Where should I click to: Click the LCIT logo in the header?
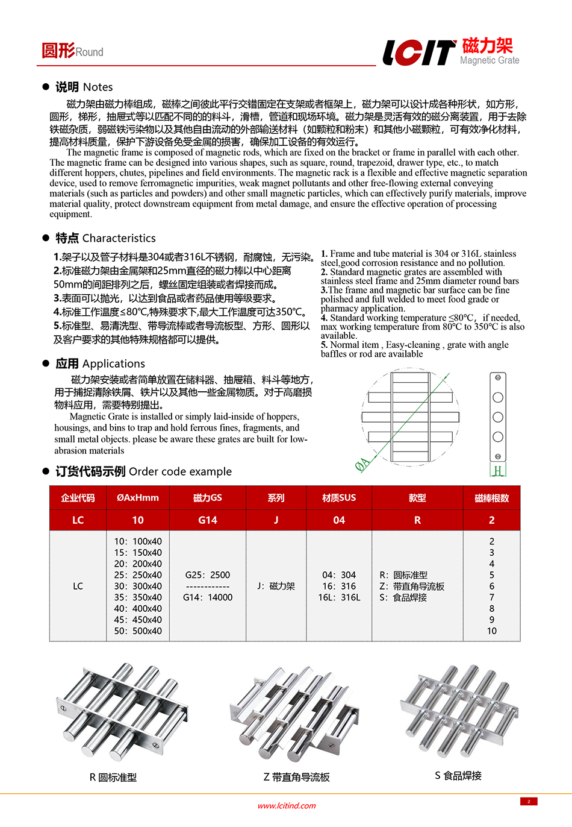(x=419, y=52)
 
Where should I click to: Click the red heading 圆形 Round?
(x=72, y=51)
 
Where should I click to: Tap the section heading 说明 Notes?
(x=84, y=87)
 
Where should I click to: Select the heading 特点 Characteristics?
(x=105, y=238)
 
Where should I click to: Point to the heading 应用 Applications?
(x=100, y=363)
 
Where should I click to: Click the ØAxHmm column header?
(x=138, y=498)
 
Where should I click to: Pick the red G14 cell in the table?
(x=208, y=520)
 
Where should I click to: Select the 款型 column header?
(x=417, y=498)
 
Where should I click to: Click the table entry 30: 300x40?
(x=138, y=586)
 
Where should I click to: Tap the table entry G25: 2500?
(x=208, y=575)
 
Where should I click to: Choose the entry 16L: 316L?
(x=339, y=597)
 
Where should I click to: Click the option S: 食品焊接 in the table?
(x=403, y=597)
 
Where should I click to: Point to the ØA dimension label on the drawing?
(x=362, y=464)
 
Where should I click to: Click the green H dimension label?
(x=498, y=471)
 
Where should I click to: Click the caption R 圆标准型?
(x=113, y=778)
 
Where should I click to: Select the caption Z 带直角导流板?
(x=296, y=778)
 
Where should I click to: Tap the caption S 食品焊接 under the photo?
(x=458, y=776)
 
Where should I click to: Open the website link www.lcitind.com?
(x=287, y=806)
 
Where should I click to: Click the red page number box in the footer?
(x=529, y=802)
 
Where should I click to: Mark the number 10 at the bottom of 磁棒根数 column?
(x=492, y=631)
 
